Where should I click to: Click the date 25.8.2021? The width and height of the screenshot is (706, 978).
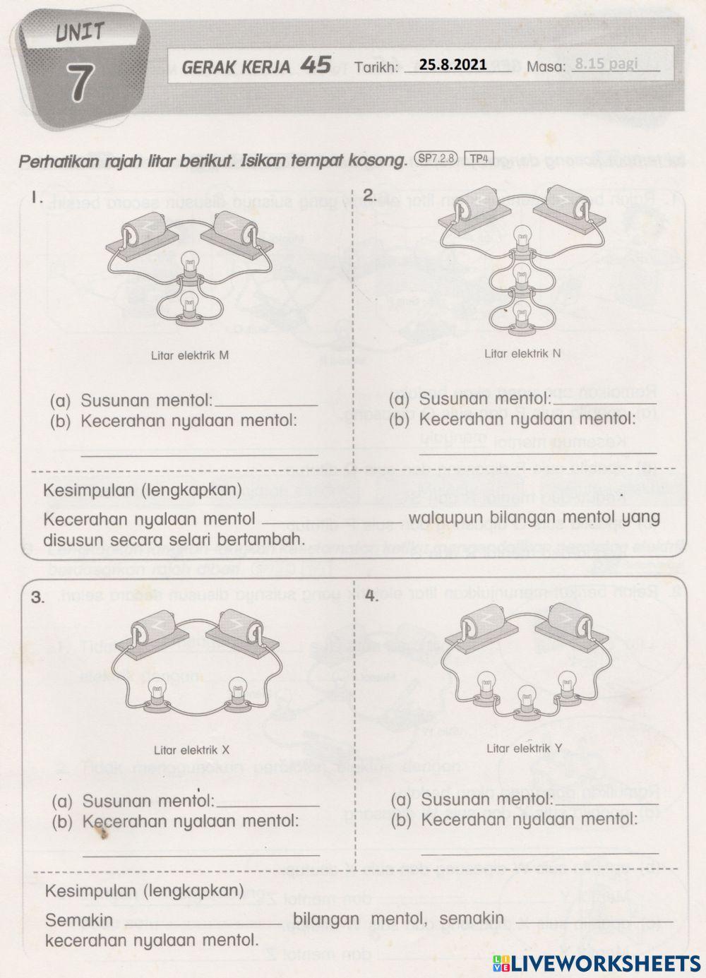[453, 64]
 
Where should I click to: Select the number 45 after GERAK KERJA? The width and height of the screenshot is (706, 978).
[315, 65]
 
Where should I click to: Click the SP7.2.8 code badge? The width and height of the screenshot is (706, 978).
[438, 159]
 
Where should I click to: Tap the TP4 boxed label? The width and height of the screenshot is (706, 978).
[480, 159]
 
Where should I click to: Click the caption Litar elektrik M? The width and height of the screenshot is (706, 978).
[190, 355]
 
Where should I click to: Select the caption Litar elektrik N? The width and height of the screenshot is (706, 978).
[522, 353]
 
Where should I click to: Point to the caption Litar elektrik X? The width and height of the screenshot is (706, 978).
[191, 750]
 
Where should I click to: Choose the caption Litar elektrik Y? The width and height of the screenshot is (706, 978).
[524, 748]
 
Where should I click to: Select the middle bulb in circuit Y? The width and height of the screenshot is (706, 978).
[525, 698]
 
